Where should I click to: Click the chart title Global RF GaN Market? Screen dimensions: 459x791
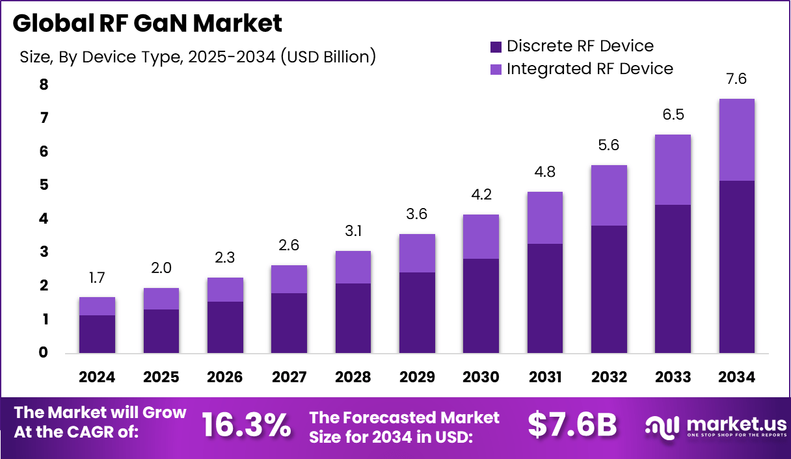coord(147,23)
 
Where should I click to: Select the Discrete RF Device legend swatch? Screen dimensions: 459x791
coord(496,47)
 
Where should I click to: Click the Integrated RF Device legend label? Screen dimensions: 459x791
coord(589,69)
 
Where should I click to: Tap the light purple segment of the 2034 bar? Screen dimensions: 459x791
coord(736,140)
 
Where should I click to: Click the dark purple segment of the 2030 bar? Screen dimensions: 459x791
coord(481,306)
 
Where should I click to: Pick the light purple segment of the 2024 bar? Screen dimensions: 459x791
coord(97,306)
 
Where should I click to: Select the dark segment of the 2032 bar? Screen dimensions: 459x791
coord(609,289)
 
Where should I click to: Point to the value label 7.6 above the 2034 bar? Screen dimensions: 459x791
coord(736,79)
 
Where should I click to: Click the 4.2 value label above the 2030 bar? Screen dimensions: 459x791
coord(481,195)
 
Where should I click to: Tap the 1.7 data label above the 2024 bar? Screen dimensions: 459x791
coord(97,278)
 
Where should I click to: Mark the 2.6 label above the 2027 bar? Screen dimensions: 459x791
coord(289,246)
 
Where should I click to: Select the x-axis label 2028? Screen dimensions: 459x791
coord(353,377)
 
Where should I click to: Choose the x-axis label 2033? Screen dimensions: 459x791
coord(673,377)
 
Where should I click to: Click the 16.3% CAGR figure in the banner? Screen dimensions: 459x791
coord(246,425)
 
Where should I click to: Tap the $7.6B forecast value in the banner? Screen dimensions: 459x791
coord(572,425)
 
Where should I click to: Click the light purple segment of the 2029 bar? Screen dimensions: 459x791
coord(417,253)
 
